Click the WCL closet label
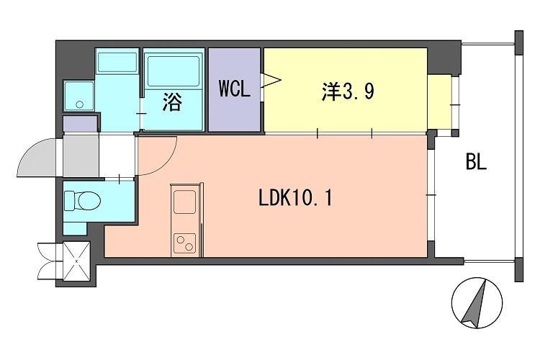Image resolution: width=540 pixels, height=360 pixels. [234, 91]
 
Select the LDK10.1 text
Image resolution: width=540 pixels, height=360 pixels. [295, 197]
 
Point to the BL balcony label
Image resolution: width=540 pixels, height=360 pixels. [476, 163]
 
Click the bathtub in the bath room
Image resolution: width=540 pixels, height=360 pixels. [175, 71]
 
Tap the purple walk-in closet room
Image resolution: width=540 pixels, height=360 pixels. [234, 108]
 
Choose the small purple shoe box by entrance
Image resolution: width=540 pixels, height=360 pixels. [79, 124]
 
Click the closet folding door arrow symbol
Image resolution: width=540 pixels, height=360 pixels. [271, 79]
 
